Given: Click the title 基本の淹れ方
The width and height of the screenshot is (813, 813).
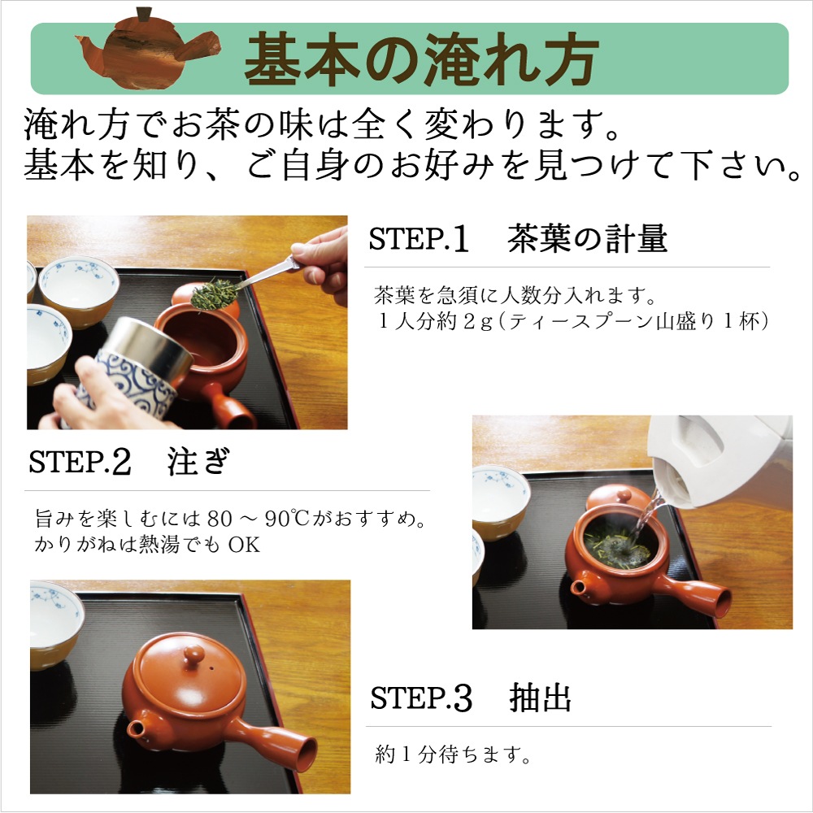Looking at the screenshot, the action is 422,59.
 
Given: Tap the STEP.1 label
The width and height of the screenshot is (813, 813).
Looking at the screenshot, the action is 419,239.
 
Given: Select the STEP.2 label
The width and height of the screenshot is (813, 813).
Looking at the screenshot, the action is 80,462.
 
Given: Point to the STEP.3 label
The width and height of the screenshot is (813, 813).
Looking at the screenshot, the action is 421,698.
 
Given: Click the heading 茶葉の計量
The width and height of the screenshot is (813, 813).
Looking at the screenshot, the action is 588,239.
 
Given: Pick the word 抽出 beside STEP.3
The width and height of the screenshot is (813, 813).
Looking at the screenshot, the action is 541,698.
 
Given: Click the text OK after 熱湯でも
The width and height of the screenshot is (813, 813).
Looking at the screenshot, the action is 244,545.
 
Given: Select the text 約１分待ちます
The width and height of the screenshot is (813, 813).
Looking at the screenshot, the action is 453,755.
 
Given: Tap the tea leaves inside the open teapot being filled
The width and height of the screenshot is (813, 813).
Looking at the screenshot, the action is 617,549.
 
